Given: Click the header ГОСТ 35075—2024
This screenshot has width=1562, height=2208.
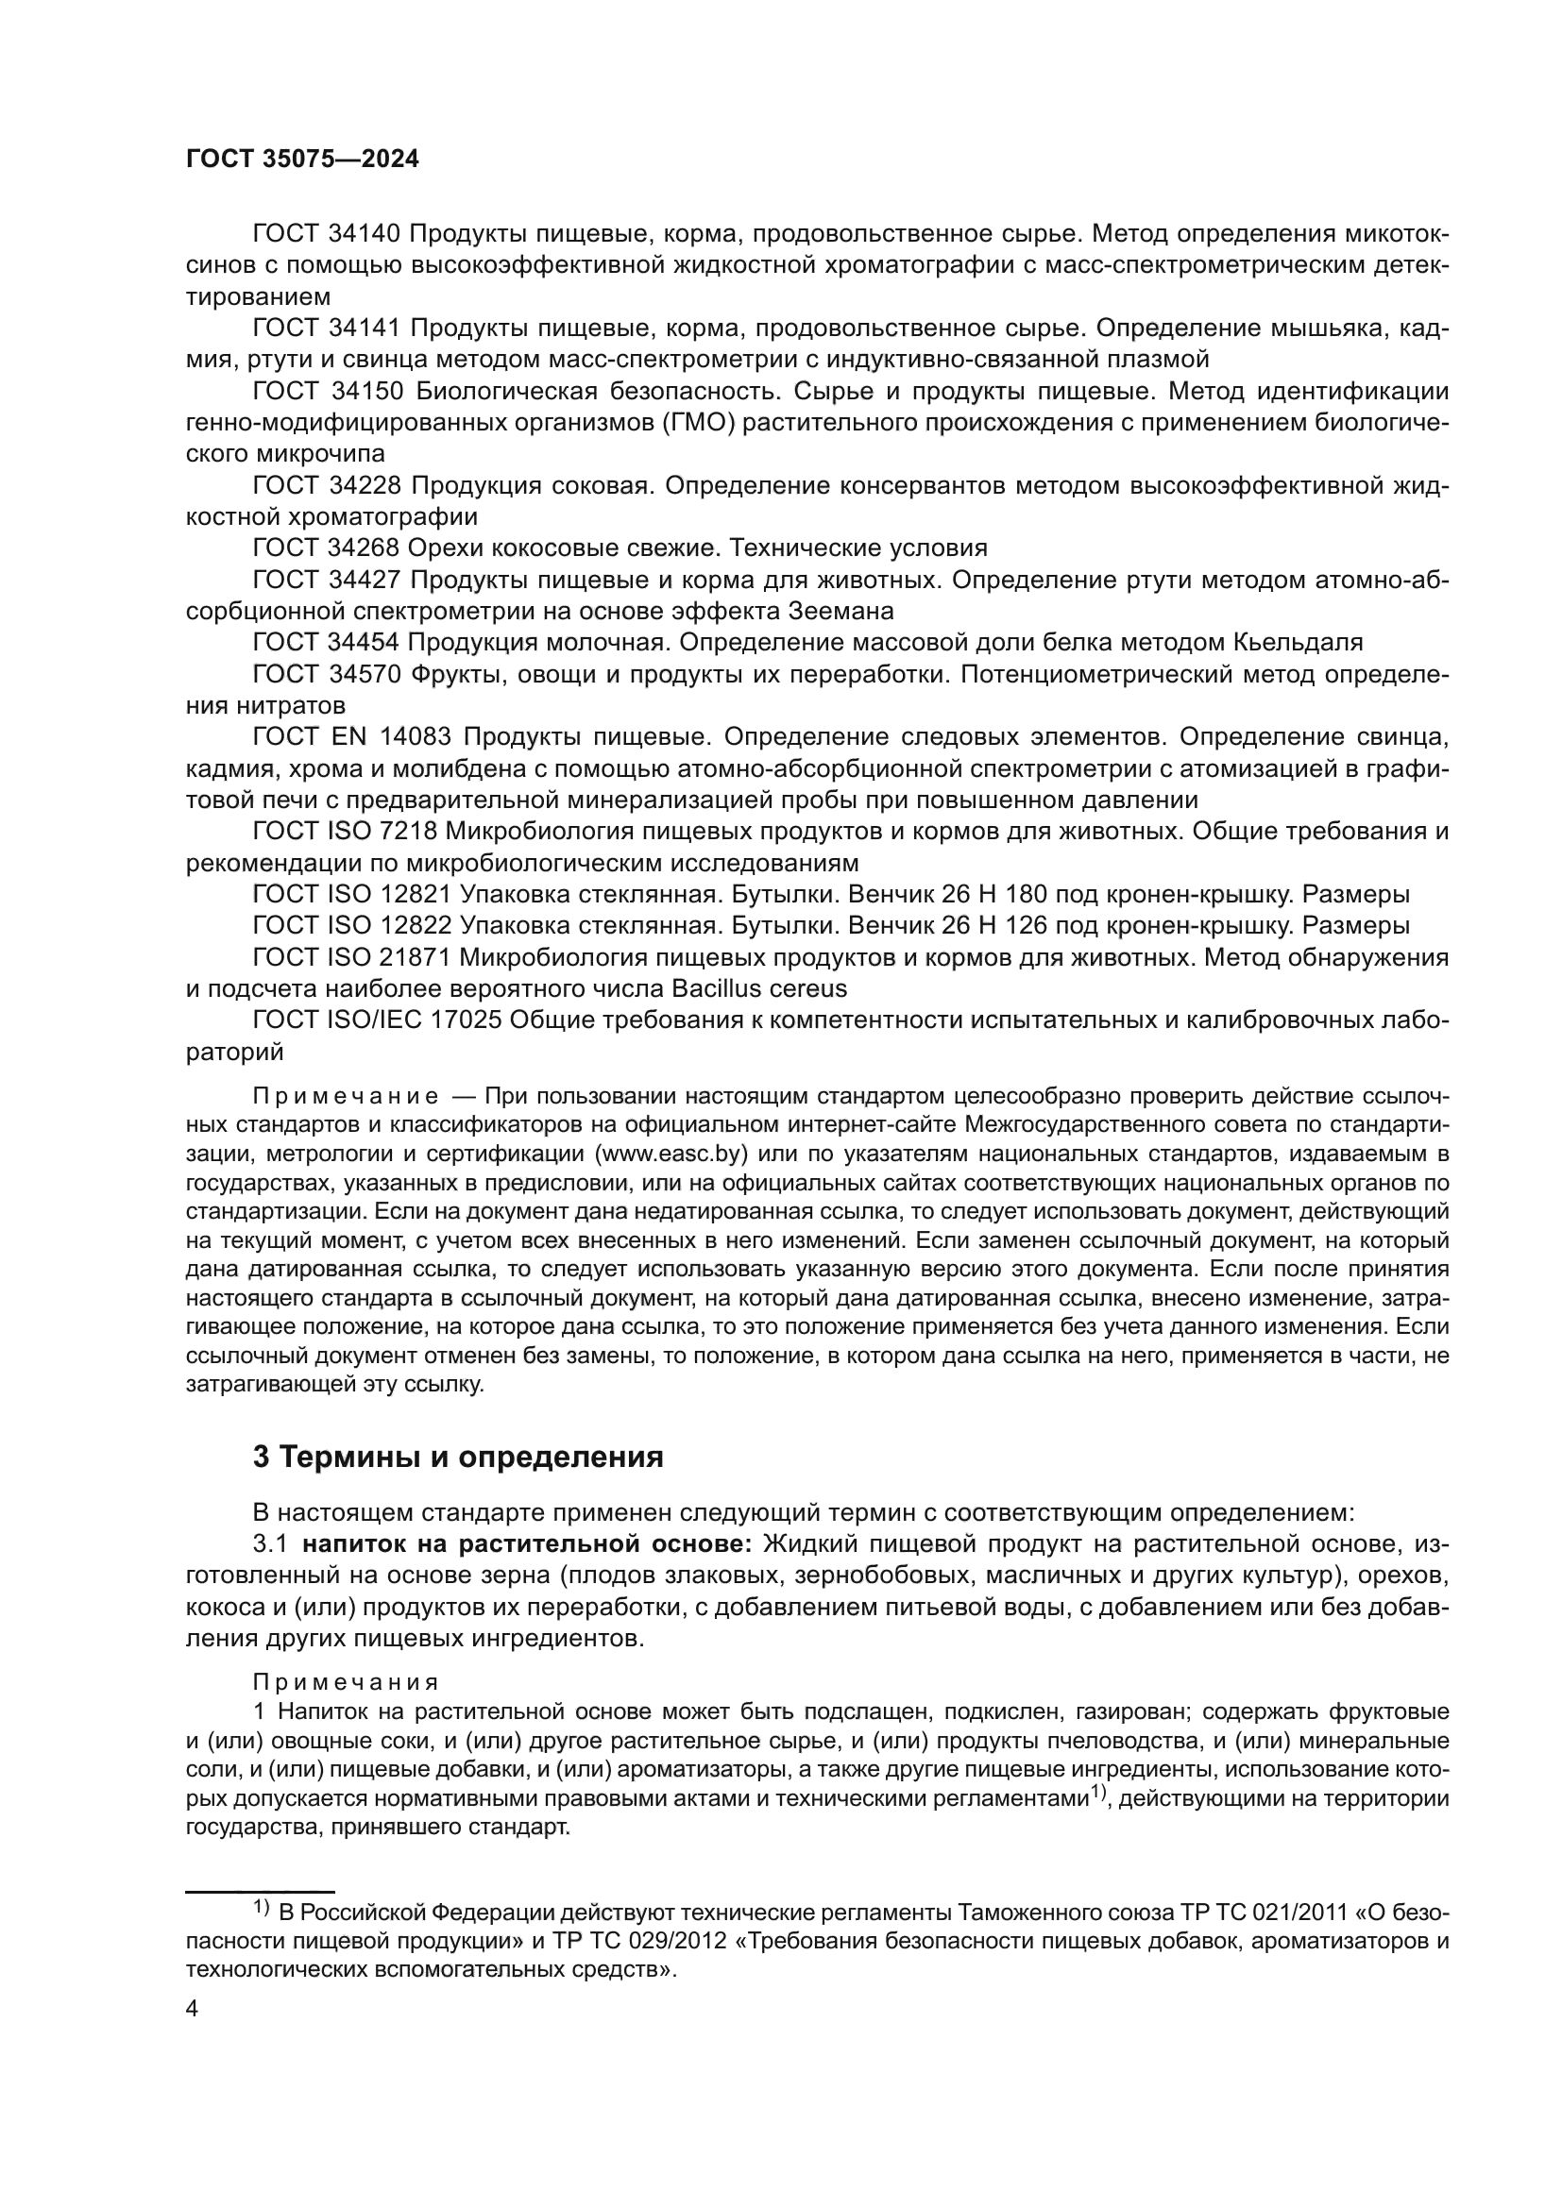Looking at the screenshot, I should point(302,160).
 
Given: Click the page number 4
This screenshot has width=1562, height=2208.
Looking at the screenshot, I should point(192,2010).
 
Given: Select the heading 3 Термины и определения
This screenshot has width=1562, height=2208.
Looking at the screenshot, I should point(458,1457).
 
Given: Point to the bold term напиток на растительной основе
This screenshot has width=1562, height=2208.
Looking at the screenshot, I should point(528,1545).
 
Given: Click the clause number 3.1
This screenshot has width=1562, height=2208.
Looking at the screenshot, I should point(270,1545).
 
